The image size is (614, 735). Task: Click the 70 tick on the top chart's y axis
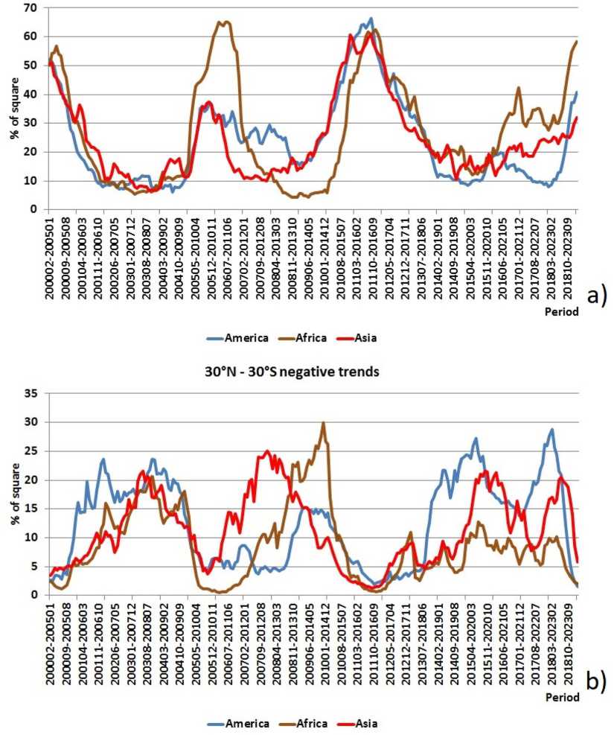tap(33, 8)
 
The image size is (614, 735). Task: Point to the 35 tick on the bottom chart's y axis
tap(33, 393)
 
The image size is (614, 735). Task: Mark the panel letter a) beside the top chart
tap(598, 296)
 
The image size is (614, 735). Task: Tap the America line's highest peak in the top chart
tap(371, 19)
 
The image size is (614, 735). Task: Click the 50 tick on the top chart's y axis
tap(33, 66)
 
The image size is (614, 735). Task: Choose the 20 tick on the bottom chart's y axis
tap(33, 480)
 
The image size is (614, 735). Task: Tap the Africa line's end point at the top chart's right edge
tap(577, 42)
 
